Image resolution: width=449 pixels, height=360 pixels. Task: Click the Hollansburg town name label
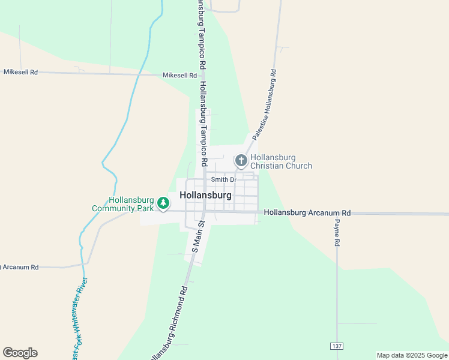(x=205, y=196)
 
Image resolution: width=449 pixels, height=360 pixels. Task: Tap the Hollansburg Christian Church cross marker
(x=241, y=160)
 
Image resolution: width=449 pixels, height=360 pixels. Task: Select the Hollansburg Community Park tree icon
(x=163, y=204)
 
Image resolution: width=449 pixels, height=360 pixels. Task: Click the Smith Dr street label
(x=224, y=179)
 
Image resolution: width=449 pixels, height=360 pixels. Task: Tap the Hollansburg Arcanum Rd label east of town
(x=307, y=212)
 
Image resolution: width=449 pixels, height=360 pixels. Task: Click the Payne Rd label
(x=337, y=234)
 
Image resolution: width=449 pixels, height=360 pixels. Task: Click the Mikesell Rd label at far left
(x=20, y=72)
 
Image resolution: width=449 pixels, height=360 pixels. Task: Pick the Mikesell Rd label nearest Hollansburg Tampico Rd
(x=179, y=76)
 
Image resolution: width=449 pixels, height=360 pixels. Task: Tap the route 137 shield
(x=337, y=346)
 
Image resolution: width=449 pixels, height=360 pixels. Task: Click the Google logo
(x=20, y=353)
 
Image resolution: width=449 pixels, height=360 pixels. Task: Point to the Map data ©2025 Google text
(x=411, y=355)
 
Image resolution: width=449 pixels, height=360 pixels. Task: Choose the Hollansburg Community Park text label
(x=123, y=205)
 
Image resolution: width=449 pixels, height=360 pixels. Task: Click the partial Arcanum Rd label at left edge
(x=19, y=267)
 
